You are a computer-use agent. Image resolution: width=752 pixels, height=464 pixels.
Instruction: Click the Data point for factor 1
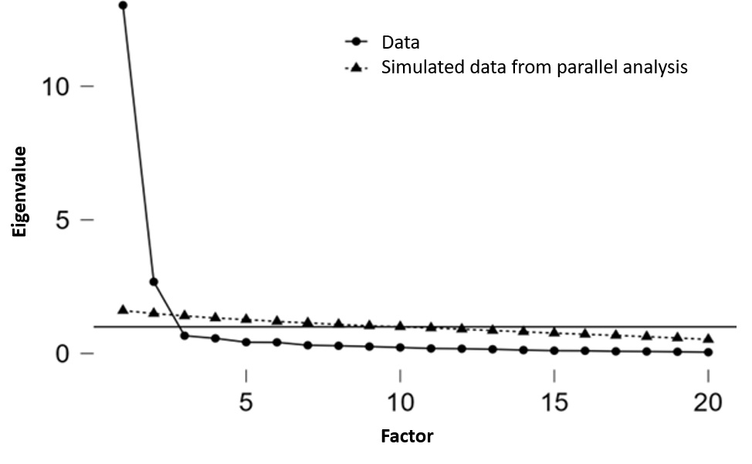point(123,5)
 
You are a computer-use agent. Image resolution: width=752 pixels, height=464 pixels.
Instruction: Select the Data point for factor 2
point(154,282)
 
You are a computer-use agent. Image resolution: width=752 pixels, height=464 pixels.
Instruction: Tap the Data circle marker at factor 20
point(708,352)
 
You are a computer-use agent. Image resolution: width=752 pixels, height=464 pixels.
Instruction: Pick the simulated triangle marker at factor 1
point(123,310)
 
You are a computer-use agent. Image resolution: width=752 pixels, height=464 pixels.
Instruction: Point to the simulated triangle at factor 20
point(708,338)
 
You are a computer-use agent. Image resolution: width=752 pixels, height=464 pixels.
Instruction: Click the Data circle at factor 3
point(185,335)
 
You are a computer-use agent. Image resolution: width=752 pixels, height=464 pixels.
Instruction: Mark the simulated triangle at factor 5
point(246,318)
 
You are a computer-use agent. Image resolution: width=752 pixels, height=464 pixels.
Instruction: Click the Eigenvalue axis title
point(19,191)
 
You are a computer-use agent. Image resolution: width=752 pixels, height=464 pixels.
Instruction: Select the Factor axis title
point(407,436)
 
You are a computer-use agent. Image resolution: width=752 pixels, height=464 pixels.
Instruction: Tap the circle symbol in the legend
point(354,42)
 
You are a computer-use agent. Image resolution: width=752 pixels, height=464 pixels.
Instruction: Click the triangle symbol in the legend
point(354,68)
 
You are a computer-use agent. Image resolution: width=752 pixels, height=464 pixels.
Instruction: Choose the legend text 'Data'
point(401,42)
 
